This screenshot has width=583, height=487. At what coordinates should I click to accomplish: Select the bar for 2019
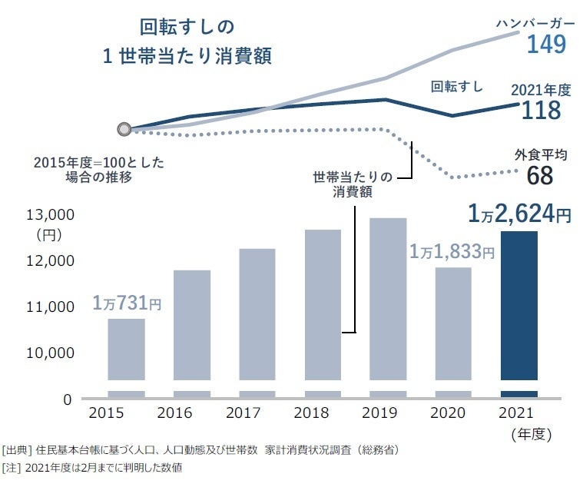[x=388, y=299]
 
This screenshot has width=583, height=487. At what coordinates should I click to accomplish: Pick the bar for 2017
[x=257, y=314]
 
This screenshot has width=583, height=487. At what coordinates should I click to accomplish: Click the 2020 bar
[x=453, y=323]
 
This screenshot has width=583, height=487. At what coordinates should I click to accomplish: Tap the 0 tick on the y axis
[x=67, y=399]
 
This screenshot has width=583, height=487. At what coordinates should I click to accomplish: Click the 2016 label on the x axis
[x=175, y=414]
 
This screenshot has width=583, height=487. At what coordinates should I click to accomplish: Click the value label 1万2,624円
[x=519, y=213]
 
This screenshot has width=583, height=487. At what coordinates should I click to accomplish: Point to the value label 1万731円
[x=127, y=303]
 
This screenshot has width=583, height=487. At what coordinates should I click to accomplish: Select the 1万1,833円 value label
[x=451, y=251]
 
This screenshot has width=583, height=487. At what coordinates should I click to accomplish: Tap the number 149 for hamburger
[x=545, y=45]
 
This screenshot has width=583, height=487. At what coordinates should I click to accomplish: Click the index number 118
[x=541, y=111]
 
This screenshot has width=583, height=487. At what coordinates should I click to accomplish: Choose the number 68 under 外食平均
[x=540, y=176]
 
